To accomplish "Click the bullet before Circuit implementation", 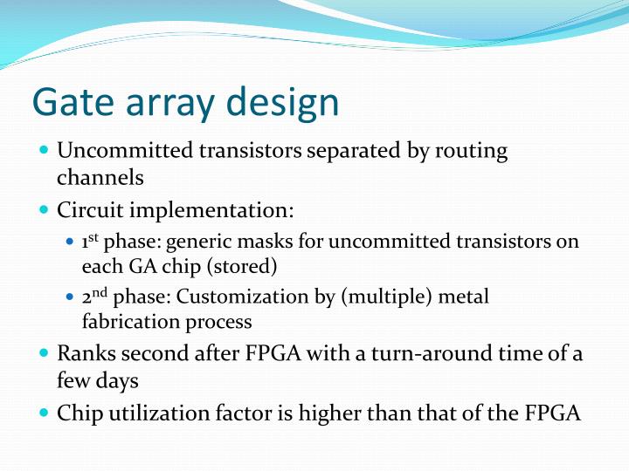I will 45,210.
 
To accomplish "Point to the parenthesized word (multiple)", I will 379,297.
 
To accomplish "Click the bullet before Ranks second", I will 45,354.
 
